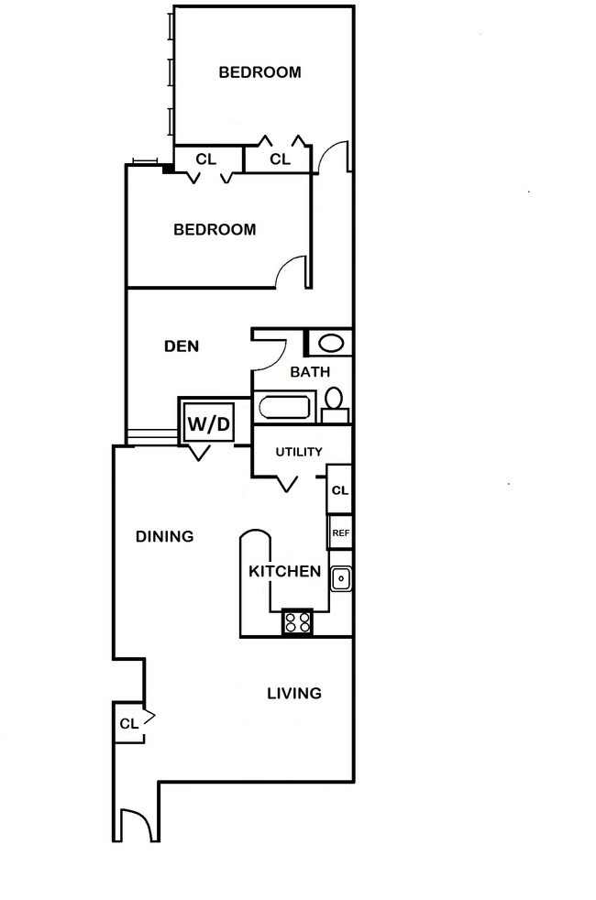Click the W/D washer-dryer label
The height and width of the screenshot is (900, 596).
tap(209, 424)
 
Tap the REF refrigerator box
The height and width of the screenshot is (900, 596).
tap(340, 532)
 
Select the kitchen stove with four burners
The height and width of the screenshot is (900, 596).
tap(297, 622)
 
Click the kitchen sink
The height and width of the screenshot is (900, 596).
tap(341, 578)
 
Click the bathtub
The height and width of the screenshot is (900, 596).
tap(285, 408)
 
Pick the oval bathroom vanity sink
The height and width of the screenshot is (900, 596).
tap(331, 344)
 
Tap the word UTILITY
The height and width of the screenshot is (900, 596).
tap(299, 452)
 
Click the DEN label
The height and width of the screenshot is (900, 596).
tap(182, 346)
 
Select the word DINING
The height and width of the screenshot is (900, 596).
tap(165, 537)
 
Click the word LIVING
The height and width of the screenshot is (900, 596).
tap(294, 694)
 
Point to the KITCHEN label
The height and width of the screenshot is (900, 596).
tap(285, 571)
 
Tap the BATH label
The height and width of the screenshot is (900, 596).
tap(310, 372)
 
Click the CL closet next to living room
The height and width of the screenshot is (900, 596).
tap(128, 723)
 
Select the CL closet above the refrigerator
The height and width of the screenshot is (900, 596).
tap(340, 490)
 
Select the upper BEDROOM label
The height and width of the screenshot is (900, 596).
tap(260, 72)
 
